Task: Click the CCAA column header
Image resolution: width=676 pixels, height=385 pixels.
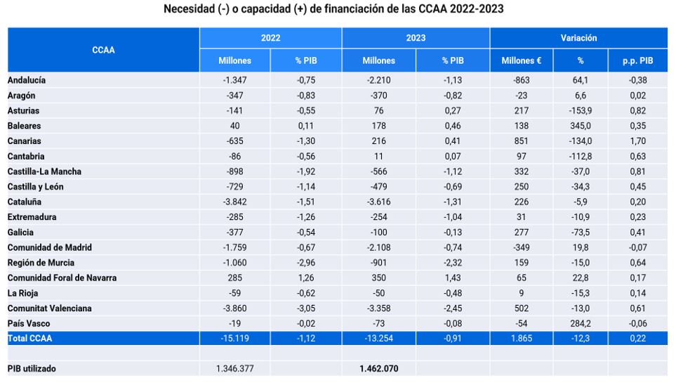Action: pyautogui.click(x=103, y=50)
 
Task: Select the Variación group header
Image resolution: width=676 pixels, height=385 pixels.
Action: pyautogui.click(x=578, y=38)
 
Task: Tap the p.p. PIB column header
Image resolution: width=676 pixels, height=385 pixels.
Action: pyautogui.click(x=637, y=61)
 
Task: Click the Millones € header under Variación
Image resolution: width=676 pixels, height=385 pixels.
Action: pyautogui.click(x=522, y=61)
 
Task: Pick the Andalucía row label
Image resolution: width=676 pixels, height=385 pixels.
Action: pyautogui.click(x=26, y=80)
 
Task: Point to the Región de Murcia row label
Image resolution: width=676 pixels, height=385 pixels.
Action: pyautogui.click(x=41, y=263)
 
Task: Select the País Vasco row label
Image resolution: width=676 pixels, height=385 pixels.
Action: pyautogui.click(x=29, y=324)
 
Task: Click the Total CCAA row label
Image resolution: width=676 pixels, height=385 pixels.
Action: pyautogui.click(x=29, y=339)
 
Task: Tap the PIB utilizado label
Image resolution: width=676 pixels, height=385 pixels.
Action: pyautogui.click(x=32, y=369)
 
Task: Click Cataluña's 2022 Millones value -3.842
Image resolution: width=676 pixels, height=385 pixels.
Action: pyautogui.click(x=234, y=202)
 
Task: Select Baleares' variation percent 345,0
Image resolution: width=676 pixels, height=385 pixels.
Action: pyautogui.click(x=581, y=126)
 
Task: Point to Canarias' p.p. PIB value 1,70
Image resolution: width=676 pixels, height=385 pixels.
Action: pyautogui.click(x=637, y=141)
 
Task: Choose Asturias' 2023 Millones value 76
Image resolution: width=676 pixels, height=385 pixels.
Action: pyautogui.click(x=378, y=111)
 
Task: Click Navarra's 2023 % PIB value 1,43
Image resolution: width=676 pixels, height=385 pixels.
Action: pyautogui.click(x=453, y=278)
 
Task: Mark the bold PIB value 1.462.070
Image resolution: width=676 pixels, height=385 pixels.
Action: pyautogui.click(x=378, y=369)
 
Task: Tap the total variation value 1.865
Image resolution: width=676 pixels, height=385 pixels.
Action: pyautogui.click(x=522, y=339)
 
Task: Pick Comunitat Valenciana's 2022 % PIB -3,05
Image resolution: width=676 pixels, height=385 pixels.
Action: pyautogui.click(x=306, y=308)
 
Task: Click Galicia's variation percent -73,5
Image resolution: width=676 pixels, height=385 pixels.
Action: pyautogui.click(x=581, y=233)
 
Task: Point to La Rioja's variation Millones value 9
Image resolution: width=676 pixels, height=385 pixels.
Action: pyautogui.click(x=522, y=294)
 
